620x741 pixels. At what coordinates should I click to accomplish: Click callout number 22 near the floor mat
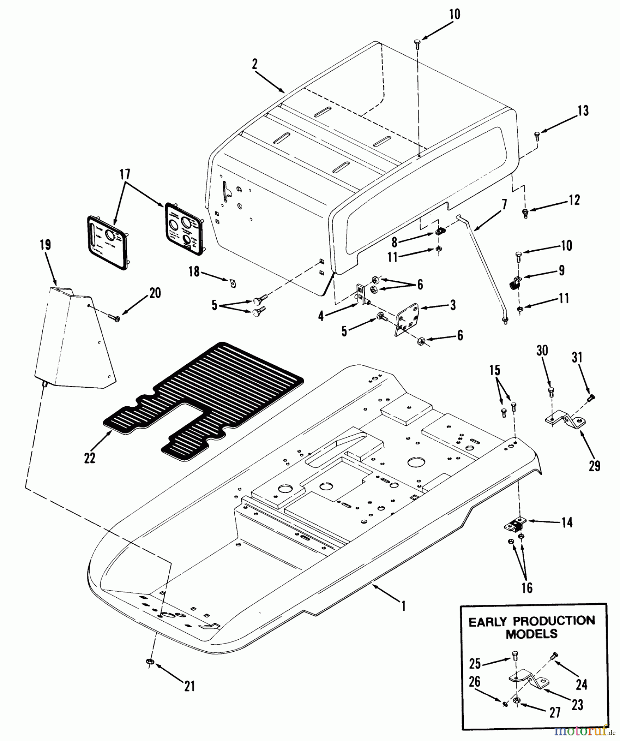pos(90,457)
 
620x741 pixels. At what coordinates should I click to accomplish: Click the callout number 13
pos(583,111)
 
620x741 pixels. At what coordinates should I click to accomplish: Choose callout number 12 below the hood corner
pos(574,200)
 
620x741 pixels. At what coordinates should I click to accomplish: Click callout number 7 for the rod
pos(504,205)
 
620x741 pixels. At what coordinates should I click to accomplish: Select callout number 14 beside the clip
pos(567,523)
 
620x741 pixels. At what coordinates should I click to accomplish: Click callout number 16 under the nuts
pos(527,587)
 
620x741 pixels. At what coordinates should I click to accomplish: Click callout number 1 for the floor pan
pos(404,606)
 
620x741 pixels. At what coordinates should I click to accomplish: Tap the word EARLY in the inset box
pos(489,622)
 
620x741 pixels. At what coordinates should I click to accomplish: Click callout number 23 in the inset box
pos(578,705)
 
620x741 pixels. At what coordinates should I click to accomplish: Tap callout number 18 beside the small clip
pos(194,272)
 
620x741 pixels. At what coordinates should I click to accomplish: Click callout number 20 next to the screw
pos(155,293)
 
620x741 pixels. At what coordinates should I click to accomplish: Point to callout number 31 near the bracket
pos(577,357)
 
